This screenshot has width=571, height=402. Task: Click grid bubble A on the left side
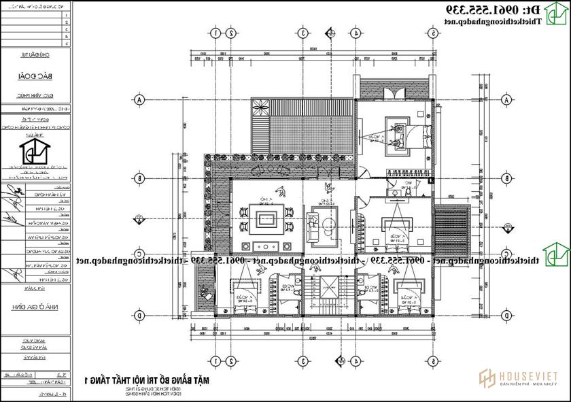click(140, 100)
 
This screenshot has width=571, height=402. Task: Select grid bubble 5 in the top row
click(433, 33)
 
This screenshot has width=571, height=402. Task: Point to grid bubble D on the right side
click(506, 316)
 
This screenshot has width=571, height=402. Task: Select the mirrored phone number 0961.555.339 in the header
click(503, 10)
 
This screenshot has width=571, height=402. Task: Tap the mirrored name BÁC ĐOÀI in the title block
click(35, 78)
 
